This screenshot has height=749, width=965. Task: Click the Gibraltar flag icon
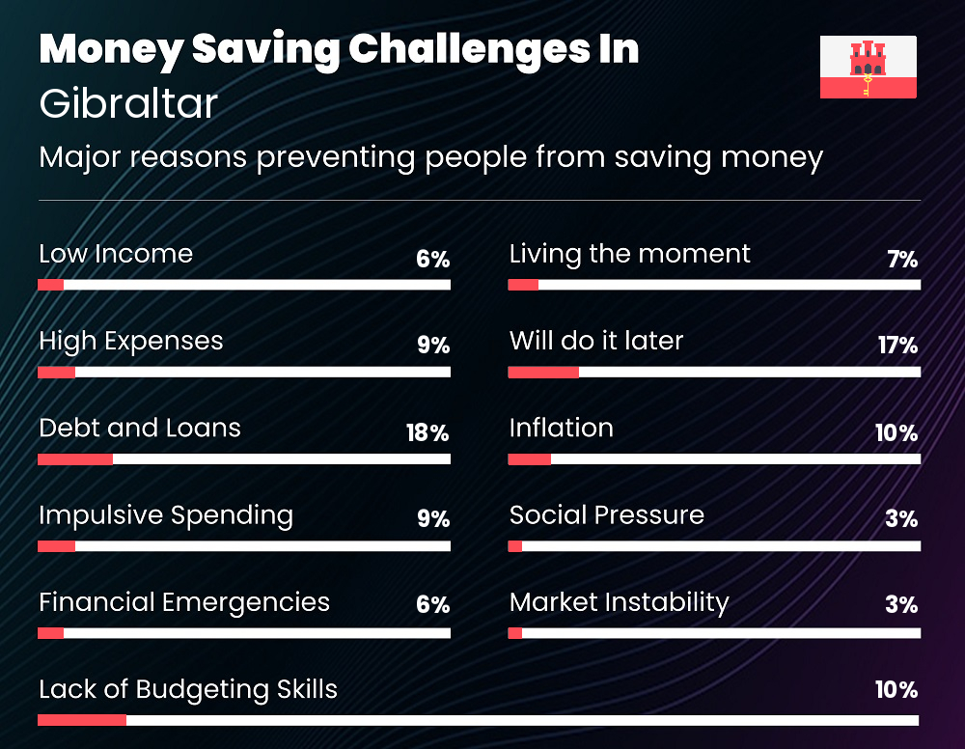click(x=868, y=67)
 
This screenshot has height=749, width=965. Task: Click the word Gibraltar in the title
click(x=128, y=102)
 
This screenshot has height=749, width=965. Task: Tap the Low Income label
click(x=116, y=254)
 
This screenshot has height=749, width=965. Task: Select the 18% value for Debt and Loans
click(x=427, y=432)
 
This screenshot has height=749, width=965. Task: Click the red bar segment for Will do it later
click(x=543, y=372)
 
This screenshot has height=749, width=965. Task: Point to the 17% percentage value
click(x=897, y=346)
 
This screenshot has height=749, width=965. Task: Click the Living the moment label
click(x=629, y=255)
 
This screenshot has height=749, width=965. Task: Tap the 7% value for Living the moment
click(x=902, y=259)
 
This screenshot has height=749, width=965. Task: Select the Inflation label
click(x=562, y=428)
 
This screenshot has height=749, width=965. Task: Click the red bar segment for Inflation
click(x=529, y=459)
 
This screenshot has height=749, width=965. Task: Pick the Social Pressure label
click(x=607, y=515)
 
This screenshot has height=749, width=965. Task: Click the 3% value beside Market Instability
click(x=901, y=604)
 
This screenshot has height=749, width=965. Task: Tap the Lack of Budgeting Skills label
click(x=188, y=690)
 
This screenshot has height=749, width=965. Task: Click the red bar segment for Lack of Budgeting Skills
click(x=82, y=720)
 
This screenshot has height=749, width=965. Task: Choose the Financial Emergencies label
click(x=184, y=602)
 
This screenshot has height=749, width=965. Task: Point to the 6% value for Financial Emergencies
click(x=432, y=604)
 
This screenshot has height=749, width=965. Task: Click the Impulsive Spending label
click(x=166, y=515)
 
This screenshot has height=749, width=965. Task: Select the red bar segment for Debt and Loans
click(x=75, y=459)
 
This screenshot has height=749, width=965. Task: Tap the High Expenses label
click(x=131, y=342)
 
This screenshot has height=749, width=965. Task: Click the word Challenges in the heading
click(x=470, y=50)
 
